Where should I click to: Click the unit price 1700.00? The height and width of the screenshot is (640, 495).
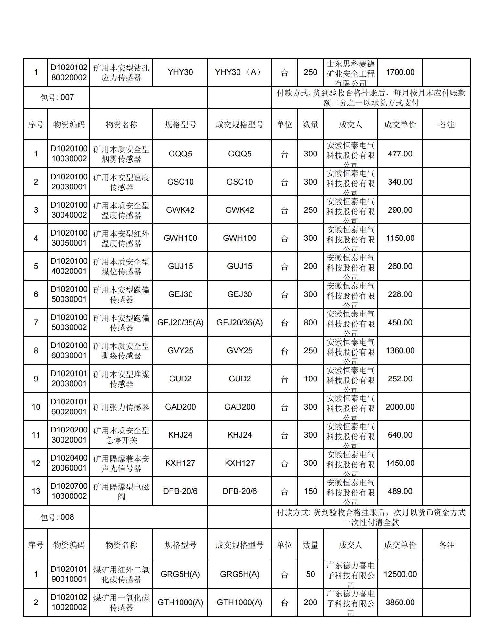click(x=400, y=72)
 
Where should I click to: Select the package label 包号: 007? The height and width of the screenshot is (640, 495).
click(x=57, y=97)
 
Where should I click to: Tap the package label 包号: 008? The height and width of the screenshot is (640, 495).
click(x=57, y=517)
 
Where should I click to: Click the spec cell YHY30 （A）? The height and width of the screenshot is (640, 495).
click(x=239, y=72)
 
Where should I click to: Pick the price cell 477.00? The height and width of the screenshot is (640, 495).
click(x=400, y=154)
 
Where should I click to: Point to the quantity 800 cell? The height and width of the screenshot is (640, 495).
click(x=310, y=322)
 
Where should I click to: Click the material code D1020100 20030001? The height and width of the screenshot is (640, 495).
click(x=69, y=182)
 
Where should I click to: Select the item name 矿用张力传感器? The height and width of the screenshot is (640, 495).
click(x=121, y=407)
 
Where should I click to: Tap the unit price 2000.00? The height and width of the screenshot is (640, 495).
click(x=400, y=407)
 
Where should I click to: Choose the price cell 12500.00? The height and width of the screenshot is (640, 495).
click(x=400, y=574)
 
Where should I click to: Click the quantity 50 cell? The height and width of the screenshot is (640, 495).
click(x=310, y=574)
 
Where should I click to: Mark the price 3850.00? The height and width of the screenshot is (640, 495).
click(x=400, y=602)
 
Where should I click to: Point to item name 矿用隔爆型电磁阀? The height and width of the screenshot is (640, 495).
click(x=121, y=491)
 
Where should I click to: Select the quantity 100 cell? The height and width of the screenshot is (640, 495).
click(x=310, y=379)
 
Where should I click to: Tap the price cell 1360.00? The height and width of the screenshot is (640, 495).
click(x=400, y=350)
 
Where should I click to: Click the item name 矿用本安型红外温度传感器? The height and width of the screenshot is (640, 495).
click(x=121, y=238)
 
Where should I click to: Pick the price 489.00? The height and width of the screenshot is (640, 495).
click(x=400, y=491)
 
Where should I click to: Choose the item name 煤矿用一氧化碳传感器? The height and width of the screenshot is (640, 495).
click(x=121, y=603)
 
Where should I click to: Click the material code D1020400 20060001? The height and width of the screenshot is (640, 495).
click(x=69, y=463)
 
